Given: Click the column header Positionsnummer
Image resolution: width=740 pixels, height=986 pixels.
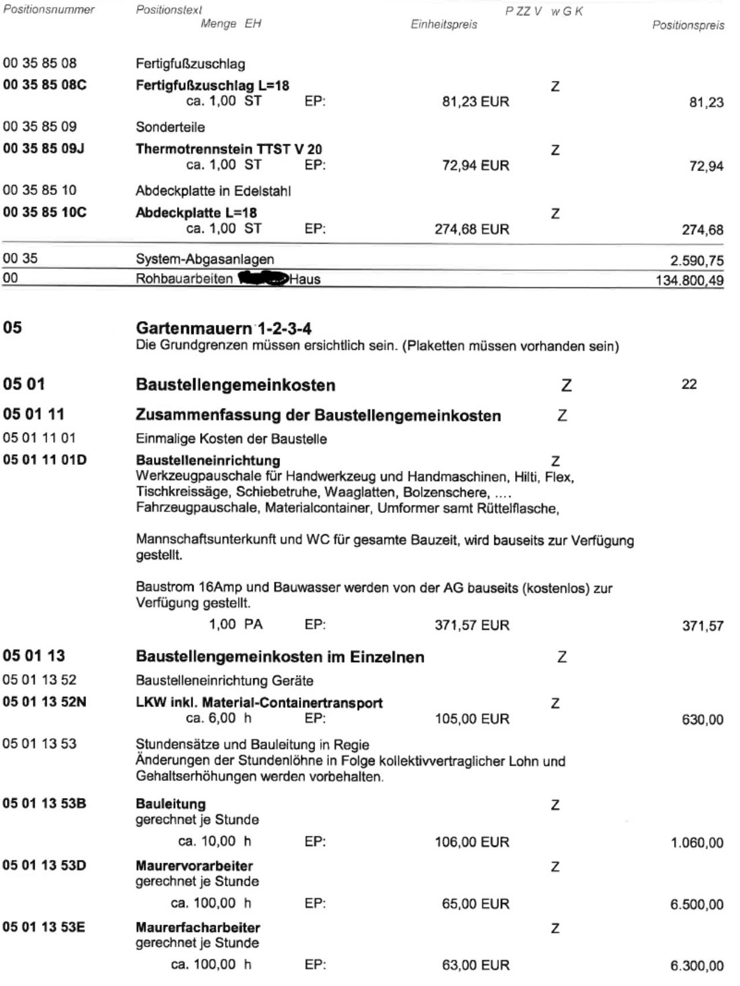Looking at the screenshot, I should coord(49,9).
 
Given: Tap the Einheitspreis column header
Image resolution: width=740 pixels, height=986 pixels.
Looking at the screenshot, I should coord(443,24).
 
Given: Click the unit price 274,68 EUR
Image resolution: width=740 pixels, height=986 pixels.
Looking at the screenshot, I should coord(472,229).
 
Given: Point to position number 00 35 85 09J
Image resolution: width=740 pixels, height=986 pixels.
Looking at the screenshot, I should coord(44,149).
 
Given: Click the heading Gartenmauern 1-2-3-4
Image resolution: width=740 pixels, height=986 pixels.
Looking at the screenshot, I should coord(223,328).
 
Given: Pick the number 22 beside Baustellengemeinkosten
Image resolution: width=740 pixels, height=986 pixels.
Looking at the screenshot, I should coord(689,385).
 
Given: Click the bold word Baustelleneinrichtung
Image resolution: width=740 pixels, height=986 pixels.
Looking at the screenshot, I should coord(208,460).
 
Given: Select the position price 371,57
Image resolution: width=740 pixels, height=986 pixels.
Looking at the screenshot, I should coord(702,626).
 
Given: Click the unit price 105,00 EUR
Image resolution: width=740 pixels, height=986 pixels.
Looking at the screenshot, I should coord(472,719).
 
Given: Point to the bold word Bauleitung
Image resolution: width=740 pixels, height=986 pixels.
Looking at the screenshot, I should coord(171,804).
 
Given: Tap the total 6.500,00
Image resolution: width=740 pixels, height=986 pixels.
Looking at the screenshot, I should coord(697,904).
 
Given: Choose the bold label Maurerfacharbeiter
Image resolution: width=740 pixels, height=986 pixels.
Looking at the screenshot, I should coord(198,928).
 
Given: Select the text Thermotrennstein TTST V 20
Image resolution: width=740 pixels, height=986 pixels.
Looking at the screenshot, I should coord(228,149).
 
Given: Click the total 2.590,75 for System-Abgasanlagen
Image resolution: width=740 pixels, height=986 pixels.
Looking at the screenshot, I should coord(697,260).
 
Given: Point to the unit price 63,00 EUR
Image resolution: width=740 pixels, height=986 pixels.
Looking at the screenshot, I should coord(475,965).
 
